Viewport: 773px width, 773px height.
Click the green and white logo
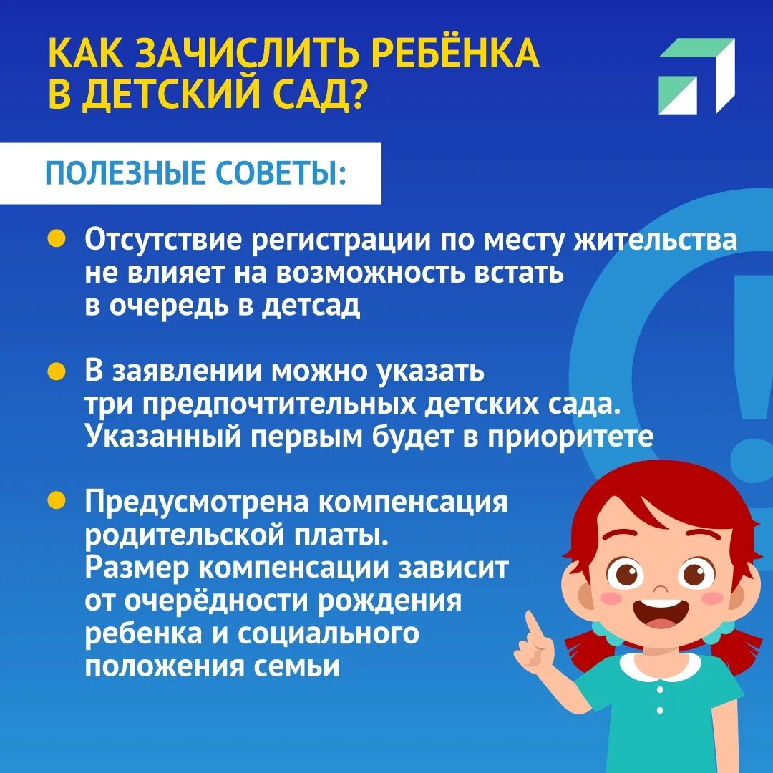(696, 75)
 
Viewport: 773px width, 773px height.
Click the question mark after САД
(354, 95)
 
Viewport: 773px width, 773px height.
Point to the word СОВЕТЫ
(286, 174)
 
